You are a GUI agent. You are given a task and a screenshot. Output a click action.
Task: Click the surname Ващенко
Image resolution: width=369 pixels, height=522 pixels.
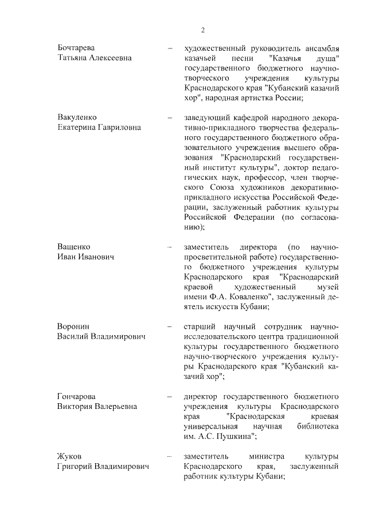pyautogui.click(x=74, y=246)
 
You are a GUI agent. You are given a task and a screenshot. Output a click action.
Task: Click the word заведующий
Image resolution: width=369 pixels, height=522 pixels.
pyautogui.click(x=206, y=117)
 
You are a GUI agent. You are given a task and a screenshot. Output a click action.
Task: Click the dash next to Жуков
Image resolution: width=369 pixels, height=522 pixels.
pyautogui.click(x=170, y=456)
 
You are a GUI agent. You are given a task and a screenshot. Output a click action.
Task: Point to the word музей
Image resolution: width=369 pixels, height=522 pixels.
pyautogui.click(x=326, y=287)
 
